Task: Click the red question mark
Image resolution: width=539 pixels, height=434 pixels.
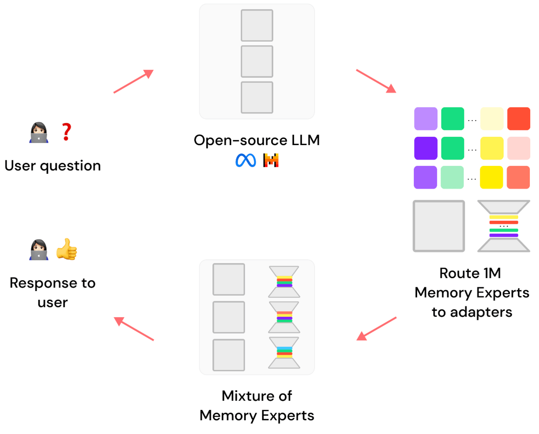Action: [66, 132]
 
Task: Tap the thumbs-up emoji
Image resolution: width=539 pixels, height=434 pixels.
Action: [67, 249]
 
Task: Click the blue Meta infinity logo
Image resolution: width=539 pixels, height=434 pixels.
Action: [246, 161]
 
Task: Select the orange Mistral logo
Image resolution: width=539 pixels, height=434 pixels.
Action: [271, 161]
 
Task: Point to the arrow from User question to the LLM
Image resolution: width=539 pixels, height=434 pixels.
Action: [133, 81]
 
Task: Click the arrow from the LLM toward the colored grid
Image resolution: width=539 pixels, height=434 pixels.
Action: [376, 81]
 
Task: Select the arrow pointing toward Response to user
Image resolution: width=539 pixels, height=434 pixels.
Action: [133, 329]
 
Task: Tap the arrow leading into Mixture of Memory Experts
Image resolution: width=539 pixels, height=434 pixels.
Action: [376, 329]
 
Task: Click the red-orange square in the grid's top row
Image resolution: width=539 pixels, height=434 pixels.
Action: [519, 119]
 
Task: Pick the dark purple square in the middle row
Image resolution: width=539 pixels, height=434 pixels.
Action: [426, 148]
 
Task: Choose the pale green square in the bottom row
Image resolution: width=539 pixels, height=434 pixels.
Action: [452, 177]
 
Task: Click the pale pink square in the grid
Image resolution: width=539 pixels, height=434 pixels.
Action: [519, 148]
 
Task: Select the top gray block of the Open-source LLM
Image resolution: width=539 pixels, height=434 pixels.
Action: [257, 25]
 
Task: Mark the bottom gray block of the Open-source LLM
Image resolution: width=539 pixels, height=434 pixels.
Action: [257, 98]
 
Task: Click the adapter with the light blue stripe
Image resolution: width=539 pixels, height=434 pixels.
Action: [284, 353]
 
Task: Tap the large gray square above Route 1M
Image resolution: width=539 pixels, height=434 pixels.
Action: [438, 226]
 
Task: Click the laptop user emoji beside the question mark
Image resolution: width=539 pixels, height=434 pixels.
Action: [39, 133]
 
